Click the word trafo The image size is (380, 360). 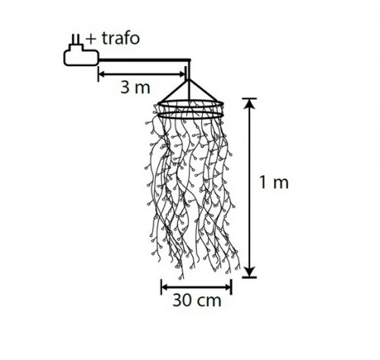coord(121,39)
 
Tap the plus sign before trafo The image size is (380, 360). coord(91,39)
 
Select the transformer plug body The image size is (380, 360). coord(81,55)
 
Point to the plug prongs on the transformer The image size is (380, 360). coord(76,39)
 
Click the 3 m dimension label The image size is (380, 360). coord(135,87)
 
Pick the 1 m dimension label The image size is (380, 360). coord(274,182)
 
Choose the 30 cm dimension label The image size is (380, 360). coord(197,301)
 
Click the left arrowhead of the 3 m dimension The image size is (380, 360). coord(101,74)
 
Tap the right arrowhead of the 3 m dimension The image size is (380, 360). coord(183,74)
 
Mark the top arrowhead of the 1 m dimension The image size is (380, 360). coord(250,103)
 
